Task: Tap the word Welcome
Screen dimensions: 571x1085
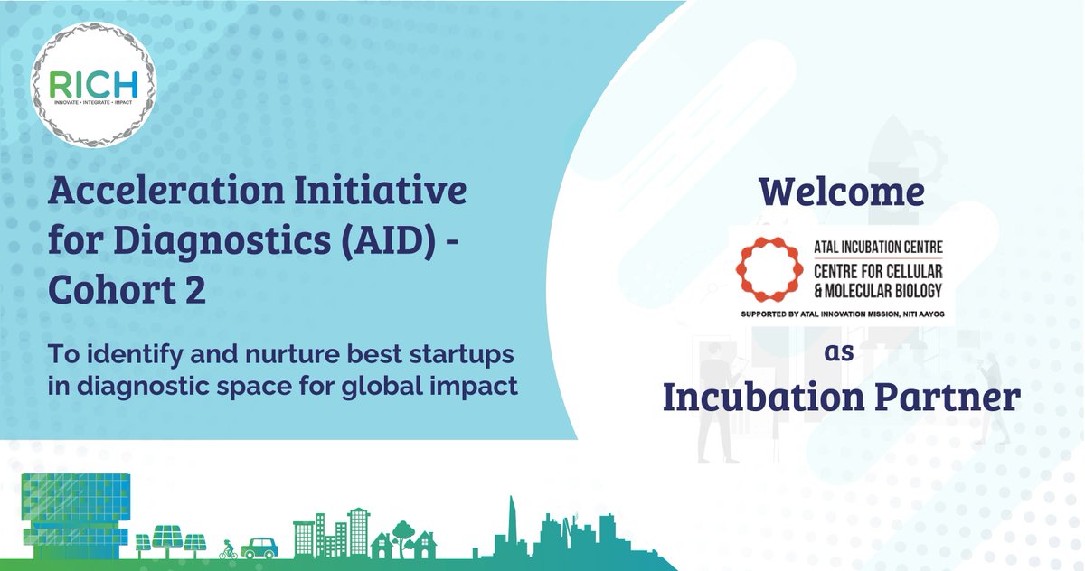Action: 842,192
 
